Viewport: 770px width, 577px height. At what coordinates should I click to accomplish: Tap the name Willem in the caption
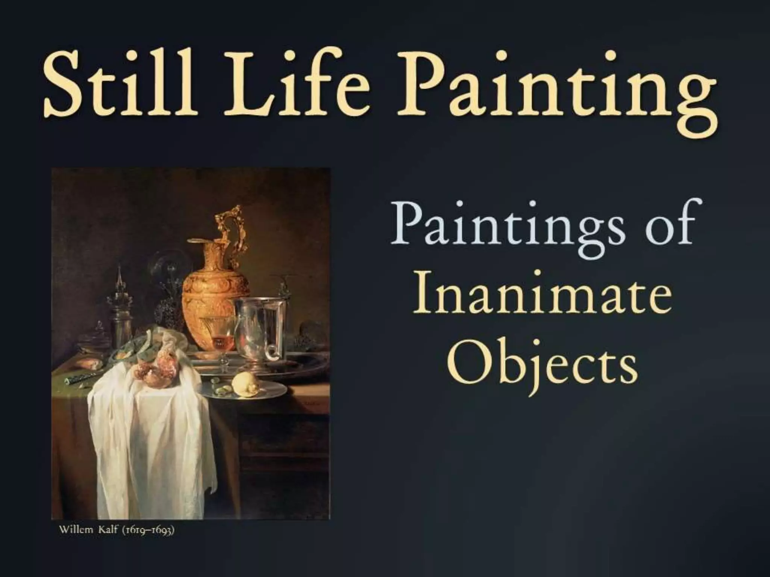[76, 531]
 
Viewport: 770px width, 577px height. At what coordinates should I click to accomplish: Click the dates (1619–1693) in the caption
[147, 531]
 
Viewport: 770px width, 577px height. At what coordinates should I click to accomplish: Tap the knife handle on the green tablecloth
[77, 381]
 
